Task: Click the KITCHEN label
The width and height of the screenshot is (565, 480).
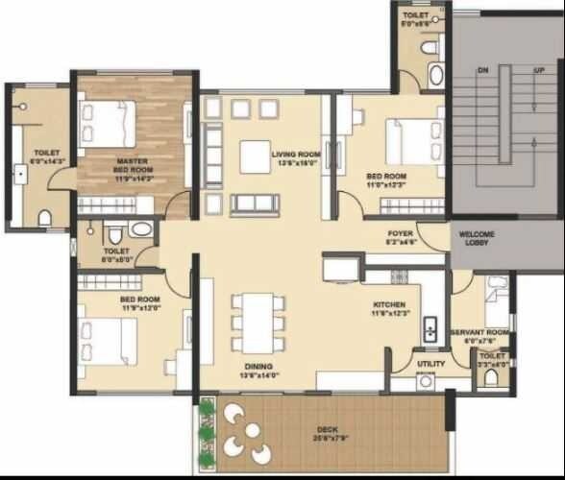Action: pos(391,308)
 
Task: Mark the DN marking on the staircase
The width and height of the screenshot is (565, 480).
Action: pos(484,70)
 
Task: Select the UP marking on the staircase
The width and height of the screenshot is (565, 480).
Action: pos(539,70)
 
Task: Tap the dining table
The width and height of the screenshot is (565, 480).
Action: pos(258,322)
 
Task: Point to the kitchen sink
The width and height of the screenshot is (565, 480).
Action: pos(430,326)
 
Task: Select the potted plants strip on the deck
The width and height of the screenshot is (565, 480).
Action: pos(206,432)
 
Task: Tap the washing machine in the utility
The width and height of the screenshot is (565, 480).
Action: pos(426,381)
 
